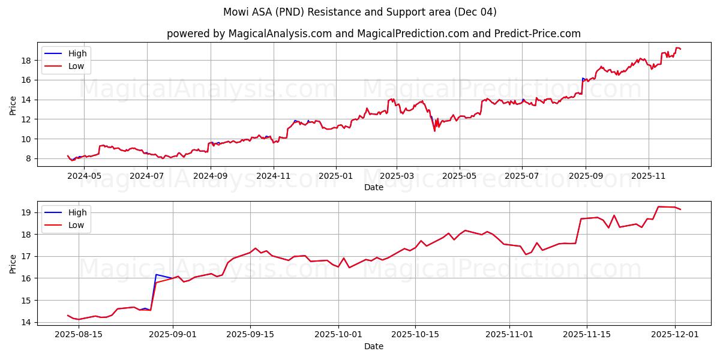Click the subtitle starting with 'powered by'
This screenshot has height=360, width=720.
click(373, 34)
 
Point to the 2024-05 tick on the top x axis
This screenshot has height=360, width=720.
click(84, 176)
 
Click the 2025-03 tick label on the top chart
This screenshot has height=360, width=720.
click(397, 176)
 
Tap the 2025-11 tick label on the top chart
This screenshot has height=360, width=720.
click(648, 176)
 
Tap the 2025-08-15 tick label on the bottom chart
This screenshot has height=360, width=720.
click(79, 335)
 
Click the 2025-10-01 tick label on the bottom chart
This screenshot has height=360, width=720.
click(338, 335)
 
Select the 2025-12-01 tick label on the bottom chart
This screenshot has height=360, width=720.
click(675, 335)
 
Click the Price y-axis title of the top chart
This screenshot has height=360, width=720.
click(13, 105)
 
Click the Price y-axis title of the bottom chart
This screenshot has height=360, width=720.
click(13, 263)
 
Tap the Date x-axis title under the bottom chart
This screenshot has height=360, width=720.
click(373, 346)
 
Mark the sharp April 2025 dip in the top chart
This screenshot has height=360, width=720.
click(434, 130)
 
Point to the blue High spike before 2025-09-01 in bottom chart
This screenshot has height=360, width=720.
click(156, 275)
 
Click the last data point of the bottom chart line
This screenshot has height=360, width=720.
click(680, 209)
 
